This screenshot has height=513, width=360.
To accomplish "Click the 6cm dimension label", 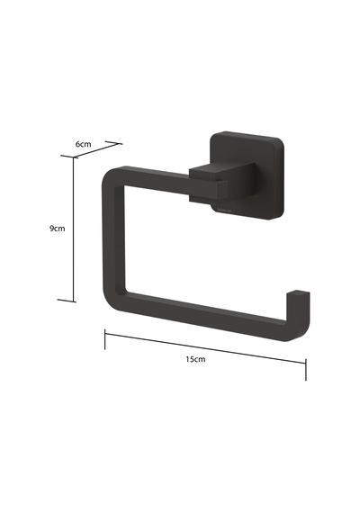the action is pos(83,144).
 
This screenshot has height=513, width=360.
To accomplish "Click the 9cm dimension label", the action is pos(58,229).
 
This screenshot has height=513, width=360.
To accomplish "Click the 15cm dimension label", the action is pos(195,359).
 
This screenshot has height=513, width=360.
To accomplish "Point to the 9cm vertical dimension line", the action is pos(74,229).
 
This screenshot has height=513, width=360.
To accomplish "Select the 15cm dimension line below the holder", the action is pos(205,348).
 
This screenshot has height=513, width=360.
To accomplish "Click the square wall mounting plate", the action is pos(247,175).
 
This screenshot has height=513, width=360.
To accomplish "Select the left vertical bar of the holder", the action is pos(113,238).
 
